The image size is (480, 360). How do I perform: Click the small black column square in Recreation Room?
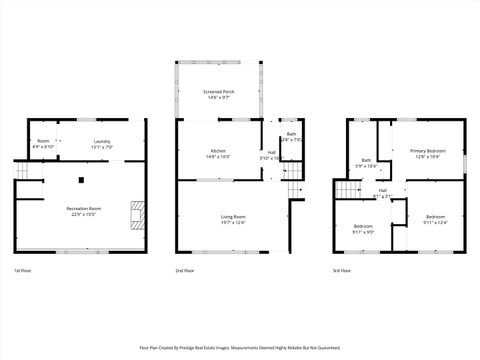point(82,181)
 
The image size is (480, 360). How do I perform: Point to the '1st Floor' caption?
point(22,271)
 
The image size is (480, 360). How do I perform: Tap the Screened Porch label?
point(219,95)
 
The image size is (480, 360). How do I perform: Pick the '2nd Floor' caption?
point(185,271)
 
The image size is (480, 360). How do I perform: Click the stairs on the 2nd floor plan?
point(291,189)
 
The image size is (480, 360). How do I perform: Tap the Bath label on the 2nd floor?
point(291,137)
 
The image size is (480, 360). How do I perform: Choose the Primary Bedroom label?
point(427,154)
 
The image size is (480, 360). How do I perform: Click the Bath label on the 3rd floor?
point(366,163)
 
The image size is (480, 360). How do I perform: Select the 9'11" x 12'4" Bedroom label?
point(435,219)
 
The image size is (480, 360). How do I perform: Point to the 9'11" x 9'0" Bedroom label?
point(363,229)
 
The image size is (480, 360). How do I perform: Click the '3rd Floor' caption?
point(343,271)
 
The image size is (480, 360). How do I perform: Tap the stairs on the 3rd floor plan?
point(345,190)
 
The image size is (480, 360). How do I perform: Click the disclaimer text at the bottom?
point(239,347)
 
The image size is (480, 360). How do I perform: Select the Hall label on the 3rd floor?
point(383,193)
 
